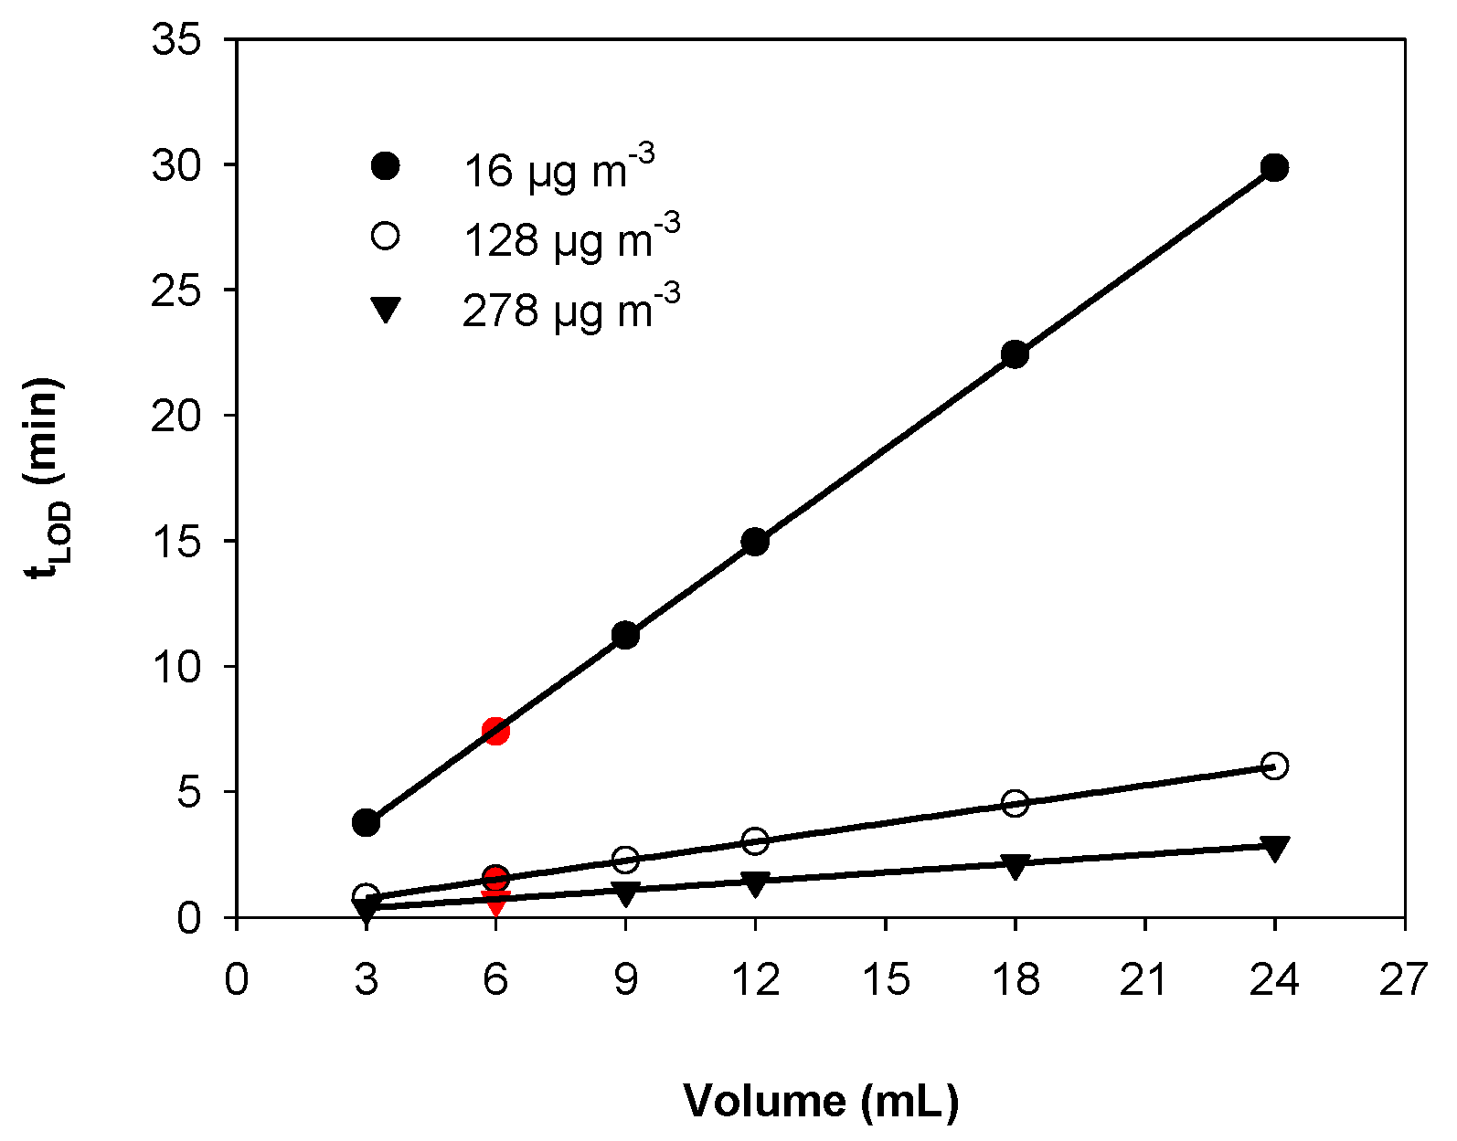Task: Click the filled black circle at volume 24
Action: click(x=1274, y=167)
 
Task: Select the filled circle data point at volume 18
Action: click(x=1015, y=354)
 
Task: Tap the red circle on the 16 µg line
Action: click(x=495, y=730)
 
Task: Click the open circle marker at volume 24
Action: click(x=1274, y=766)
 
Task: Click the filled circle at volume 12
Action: click(x=755, y=542)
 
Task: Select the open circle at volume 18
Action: click(x=1015, y=803)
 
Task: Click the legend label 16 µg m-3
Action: click(x=558, y=168)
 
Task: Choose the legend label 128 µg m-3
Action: click(x=571, y=238)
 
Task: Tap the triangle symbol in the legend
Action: click(x=386, y=311)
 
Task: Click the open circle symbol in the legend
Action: click(x=386, y=236)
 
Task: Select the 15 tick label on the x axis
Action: click(x=885, y=980)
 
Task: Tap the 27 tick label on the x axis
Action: click(x=1403, y=980)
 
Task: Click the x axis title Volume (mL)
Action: click(x=820, y=1101)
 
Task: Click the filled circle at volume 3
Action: click(x=366, y=822)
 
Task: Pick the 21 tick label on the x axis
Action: click(x=1144, y=980)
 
